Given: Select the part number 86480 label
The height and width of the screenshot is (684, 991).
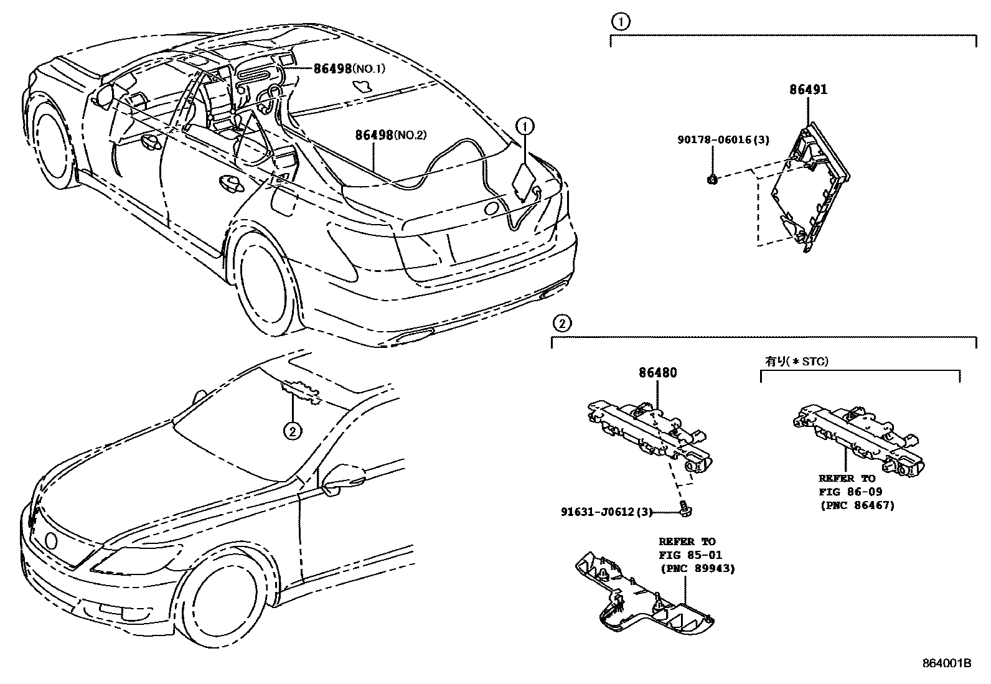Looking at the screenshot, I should click(657, 373).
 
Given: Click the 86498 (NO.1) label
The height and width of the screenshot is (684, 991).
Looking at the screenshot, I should click(349, 68).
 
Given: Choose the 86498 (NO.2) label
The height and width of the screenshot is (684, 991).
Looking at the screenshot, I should click(390, 134).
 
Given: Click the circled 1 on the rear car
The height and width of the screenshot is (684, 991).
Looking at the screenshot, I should click(525, 127).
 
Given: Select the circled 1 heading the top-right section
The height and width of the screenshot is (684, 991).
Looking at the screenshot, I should click(620, 22).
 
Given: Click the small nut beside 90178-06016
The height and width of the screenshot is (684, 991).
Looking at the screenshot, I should click(713, 180).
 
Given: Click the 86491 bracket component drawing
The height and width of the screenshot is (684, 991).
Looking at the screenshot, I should click(809, 187).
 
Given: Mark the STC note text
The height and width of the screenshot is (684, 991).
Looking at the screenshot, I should click(797, 361).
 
